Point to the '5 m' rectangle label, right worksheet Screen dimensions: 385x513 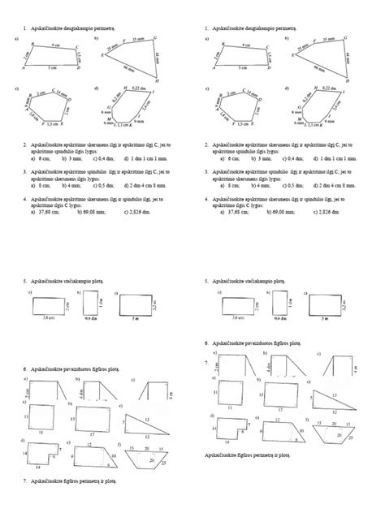tap(324, 320)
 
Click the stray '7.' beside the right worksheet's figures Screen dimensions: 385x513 tap(206, 360)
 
